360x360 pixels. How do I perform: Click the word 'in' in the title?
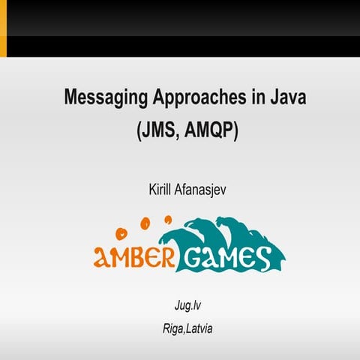click(x=240, y=97)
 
